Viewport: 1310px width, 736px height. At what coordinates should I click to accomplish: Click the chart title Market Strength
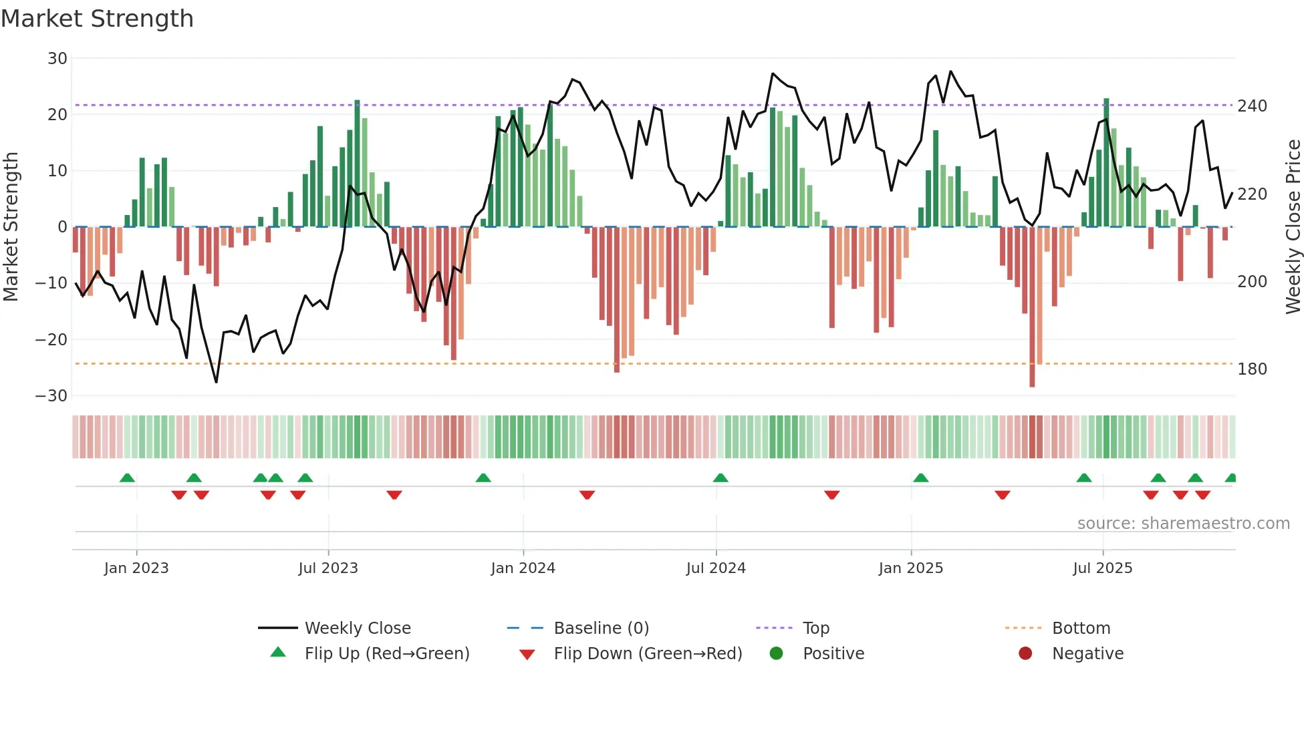pyautogui.click(x=97, y=19)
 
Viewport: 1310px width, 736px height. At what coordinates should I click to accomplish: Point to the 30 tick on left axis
pyautogui.click(x=57, y=59)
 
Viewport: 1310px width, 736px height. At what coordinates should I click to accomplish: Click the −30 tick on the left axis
pyautogui.click(x=51, y=396)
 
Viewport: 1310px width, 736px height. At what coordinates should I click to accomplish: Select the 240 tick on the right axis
pyautogui.click(x=1252, y=106)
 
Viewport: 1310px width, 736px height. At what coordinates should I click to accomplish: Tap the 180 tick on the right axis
pyautogui.click(x=1252, y=369)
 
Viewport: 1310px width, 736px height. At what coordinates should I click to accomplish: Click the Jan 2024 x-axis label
pyautogui.click(x=523, y=568)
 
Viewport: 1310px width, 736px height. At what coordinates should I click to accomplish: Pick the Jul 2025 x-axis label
pyautogui.click(x=1102, y=568)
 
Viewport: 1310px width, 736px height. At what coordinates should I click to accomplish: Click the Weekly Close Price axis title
pyautogui.click(x=1293, y=227)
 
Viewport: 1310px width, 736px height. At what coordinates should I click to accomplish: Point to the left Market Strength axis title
pyautogui.click(x=11, y=227)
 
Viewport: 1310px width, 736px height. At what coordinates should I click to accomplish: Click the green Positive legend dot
pyautogui.click(x=776, y=654)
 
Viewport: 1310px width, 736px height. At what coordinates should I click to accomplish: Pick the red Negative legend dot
pyautogui.click(x=1025, y=654)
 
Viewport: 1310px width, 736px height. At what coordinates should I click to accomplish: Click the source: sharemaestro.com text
pyautogui.click(x=1183, y=524)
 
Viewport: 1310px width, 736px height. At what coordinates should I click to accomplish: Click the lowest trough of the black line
pyautogui.click(x=216, y=382)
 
